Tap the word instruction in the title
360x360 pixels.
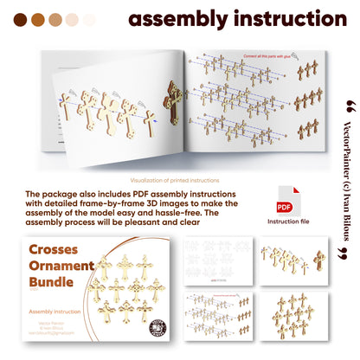coord(285,19)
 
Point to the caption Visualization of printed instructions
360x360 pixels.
coord(180,180)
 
